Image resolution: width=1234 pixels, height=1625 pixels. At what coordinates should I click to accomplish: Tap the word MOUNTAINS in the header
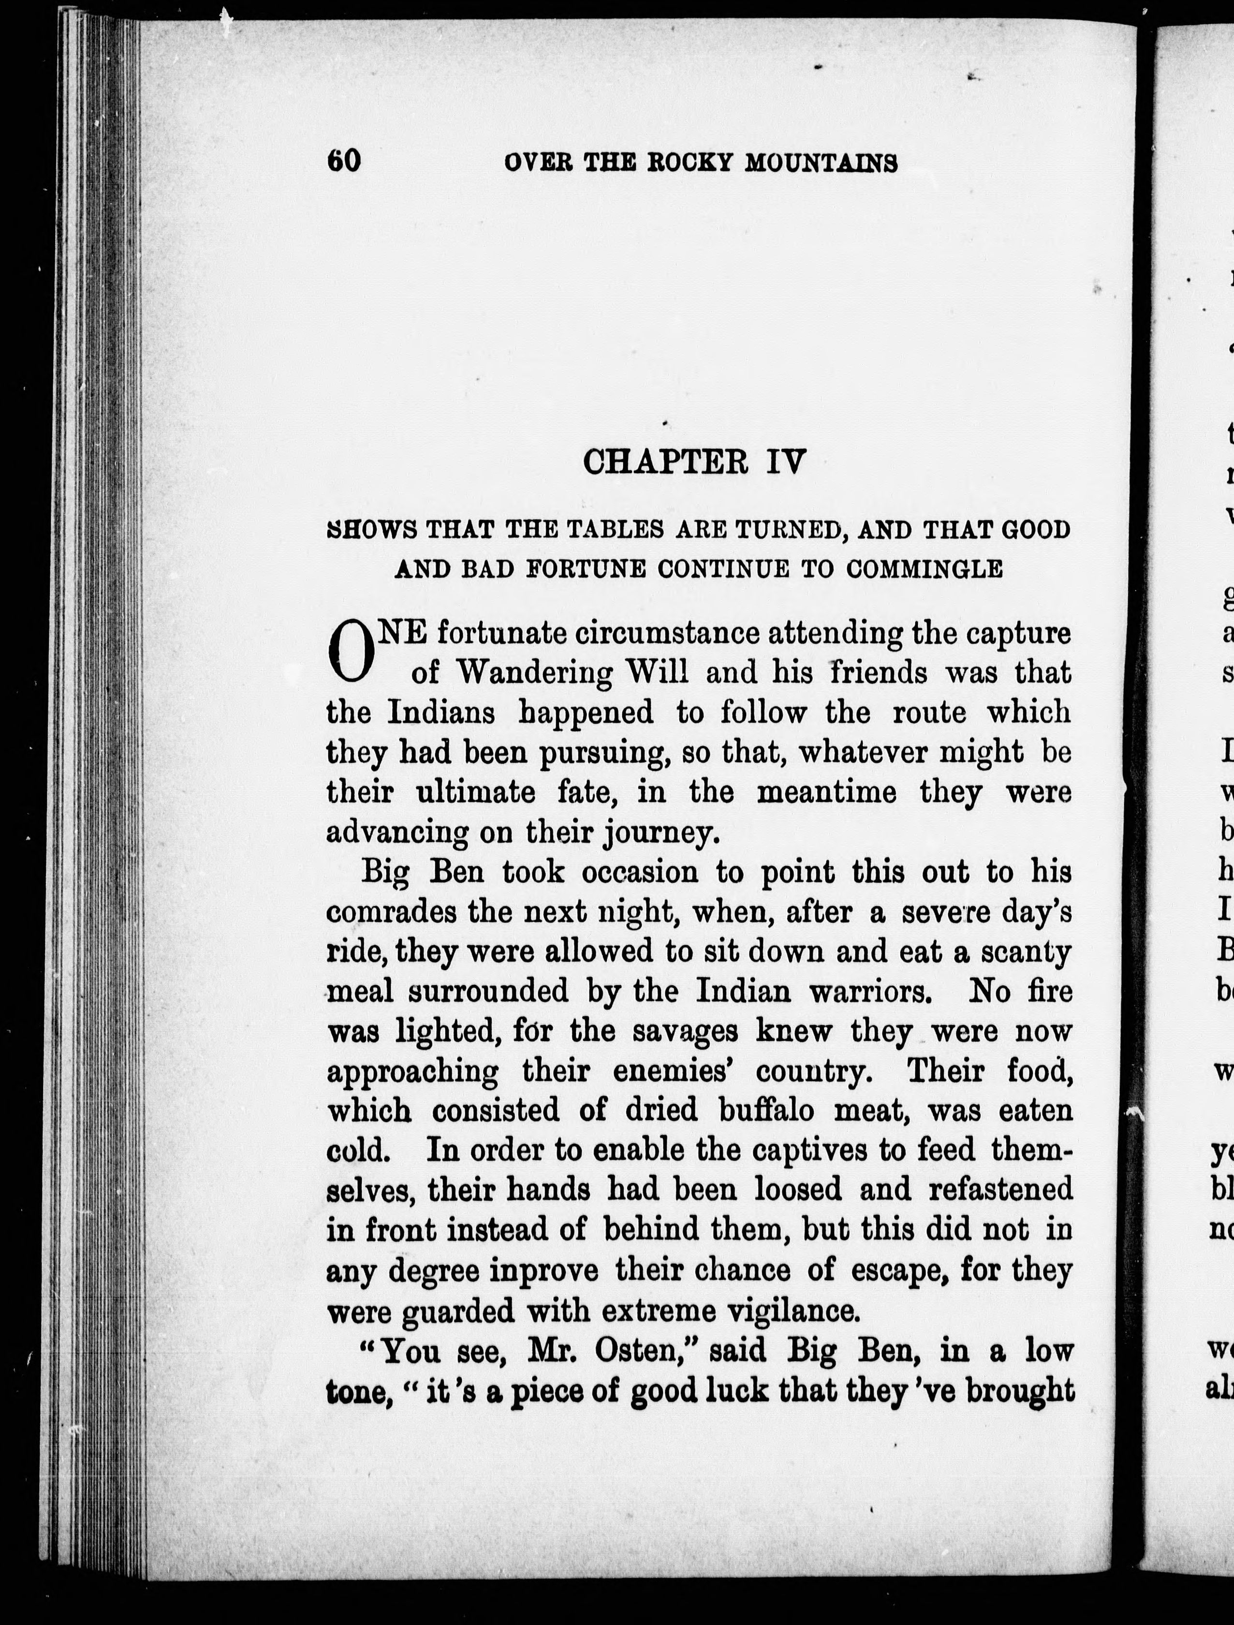pyautogui.click(x=821, y=162)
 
